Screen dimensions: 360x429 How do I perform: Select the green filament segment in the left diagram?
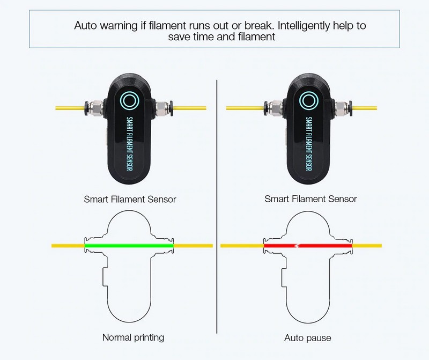tap(129, 246)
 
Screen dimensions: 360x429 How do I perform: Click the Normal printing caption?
tap(133, 337)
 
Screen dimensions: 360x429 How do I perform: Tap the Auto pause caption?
tap(307, 338)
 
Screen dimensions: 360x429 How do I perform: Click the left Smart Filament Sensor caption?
tap(130, 200)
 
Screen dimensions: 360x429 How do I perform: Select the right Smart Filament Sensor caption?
tap(310, 200)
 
